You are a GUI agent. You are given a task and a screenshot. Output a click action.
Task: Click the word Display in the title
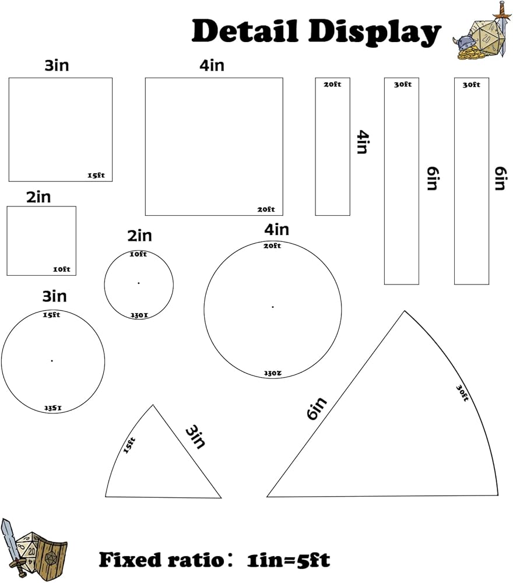[373, 33]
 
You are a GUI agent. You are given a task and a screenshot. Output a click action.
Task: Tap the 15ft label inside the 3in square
[96, 175]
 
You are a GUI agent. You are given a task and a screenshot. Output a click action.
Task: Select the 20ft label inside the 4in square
[266, 209]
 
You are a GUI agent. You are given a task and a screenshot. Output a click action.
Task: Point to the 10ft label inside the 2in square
[61, 269]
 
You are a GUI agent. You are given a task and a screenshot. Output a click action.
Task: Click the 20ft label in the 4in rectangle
[332, 85]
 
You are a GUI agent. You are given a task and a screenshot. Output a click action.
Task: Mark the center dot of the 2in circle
[139, 283]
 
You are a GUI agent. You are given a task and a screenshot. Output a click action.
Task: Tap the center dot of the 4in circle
[272, 307]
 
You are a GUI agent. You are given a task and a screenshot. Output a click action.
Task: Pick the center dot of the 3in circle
[52, 360]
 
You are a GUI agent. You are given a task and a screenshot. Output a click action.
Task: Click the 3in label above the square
[57, 65]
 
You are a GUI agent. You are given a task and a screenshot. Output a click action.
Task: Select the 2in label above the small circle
[139, 236]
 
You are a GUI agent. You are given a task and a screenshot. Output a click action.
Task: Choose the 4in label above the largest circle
[276, 230]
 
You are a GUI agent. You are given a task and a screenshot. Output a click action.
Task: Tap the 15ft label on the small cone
[129, 445]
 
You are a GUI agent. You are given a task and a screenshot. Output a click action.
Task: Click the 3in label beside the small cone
[196, 437]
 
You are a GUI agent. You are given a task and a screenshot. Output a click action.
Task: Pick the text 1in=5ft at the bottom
[288, 560]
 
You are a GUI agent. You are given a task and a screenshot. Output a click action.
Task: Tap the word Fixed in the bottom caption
[129, 560]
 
